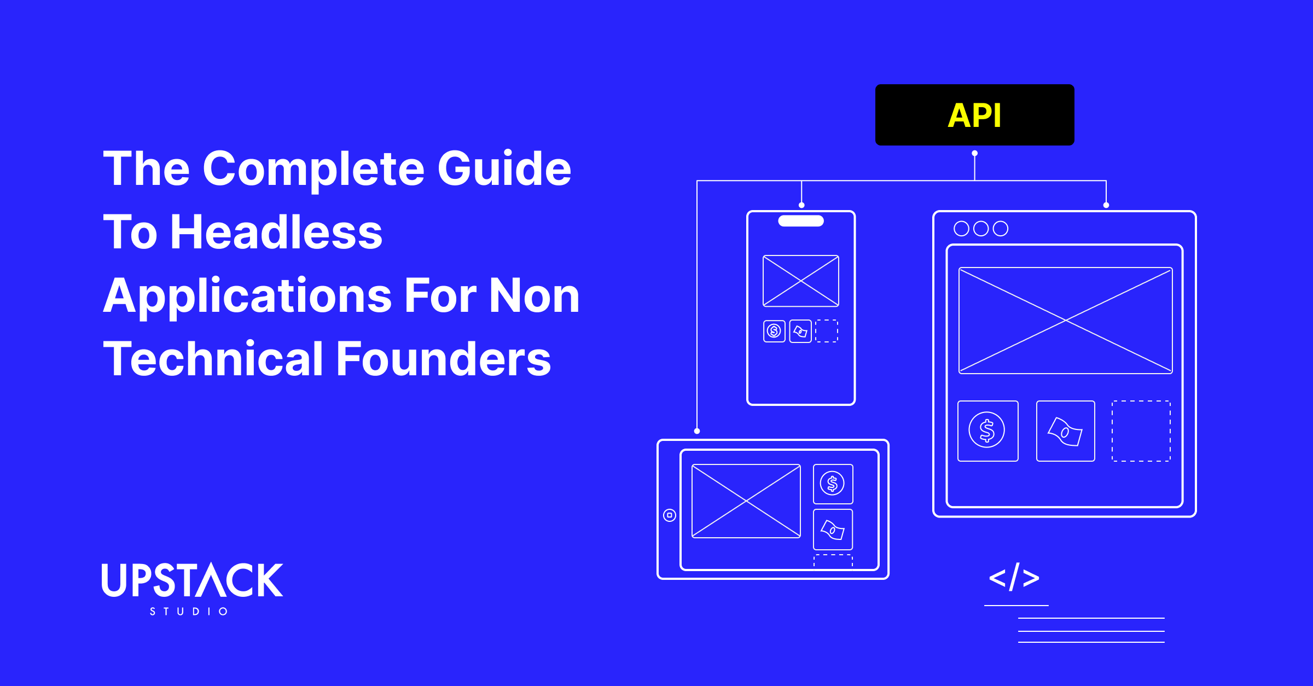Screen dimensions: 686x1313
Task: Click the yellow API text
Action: [x=974, y=115]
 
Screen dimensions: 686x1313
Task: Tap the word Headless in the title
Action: [x=276, y=232]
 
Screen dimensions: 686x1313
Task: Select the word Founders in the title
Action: [x=443, y=359]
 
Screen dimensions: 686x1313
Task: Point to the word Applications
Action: [x=247, y=296]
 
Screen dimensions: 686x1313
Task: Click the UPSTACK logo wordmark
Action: [x=192, y=580]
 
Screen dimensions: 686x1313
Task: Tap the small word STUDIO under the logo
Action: [x=189, y=611]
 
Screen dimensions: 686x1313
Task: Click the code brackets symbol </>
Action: [x=1014, y=577]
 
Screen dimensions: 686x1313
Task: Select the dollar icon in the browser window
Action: [x=987, y=431]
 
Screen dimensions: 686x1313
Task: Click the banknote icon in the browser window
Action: [x=1065, y=431]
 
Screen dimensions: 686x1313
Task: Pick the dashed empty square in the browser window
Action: [x=1141, y=431]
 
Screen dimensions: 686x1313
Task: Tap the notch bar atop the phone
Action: [x=801, y=221]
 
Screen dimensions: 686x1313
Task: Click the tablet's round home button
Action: [x=670, y=515]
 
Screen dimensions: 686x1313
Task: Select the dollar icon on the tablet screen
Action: [x=833, y=484]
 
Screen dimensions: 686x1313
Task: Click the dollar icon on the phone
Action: [x=774, y=331]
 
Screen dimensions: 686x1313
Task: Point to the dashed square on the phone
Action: [x=827, y=331]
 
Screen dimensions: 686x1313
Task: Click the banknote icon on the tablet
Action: [x=833, y=530]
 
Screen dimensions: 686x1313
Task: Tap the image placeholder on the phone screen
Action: [x=801, y=281]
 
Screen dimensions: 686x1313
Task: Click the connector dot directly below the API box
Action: [x=974, y=153]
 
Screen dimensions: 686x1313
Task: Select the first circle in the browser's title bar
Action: [x=961, y=228]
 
